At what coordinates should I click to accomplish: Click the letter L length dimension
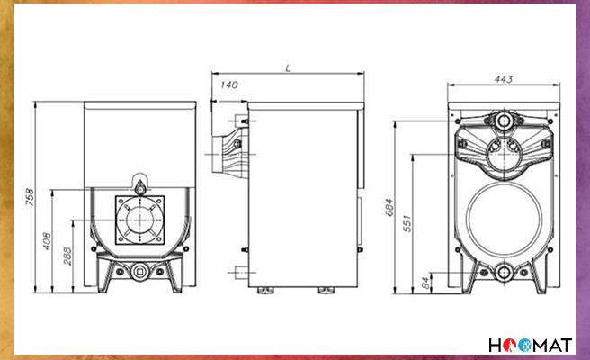click(x=286, y=67)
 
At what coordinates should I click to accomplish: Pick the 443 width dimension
click(x=504, y=80)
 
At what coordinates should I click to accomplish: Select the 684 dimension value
click(x=389, y=208)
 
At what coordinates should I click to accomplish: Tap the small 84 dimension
click(x=425, y=283)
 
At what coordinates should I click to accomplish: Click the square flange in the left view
click(x=139, y=219)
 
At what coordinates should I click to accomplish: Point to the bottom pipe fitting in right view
click(x=505, y=274)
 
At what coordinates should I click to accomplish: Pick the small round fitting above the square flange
click(x=139, y=184)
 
